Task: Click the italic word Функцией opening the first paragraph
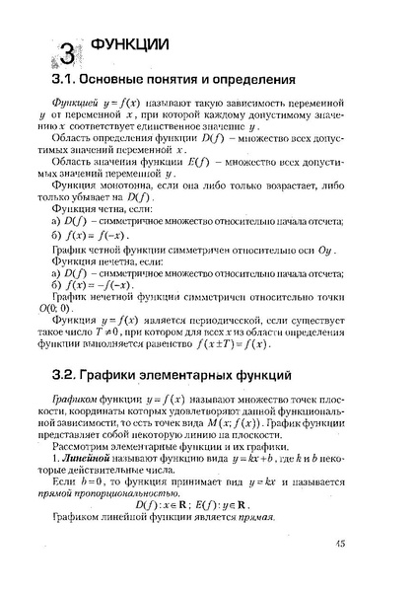tap(78, 104)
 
